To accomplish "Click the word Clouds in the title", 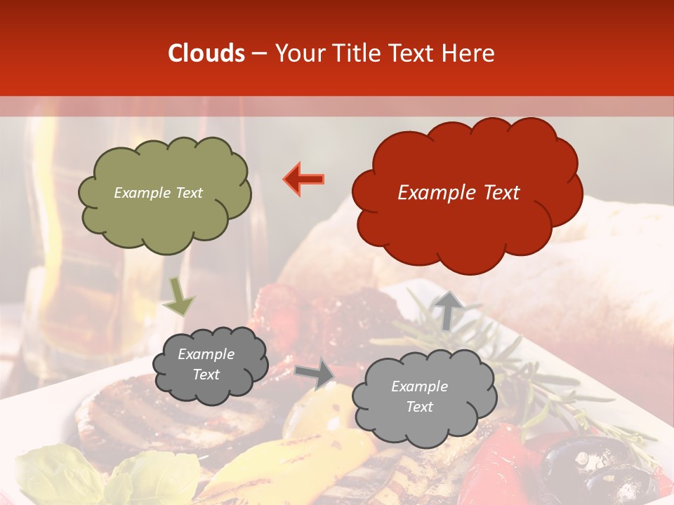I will tap(206, 53).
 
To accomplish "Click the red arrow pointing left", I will tap(304, 179).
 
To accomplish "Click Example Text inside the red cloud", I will tap(458, 193).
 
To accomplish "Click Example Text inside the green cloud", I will tap(158, 193).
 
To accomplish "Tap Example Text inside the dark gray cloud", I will tap(206, 365).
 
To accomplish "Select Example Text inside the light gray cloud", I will tap(419, 396).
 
